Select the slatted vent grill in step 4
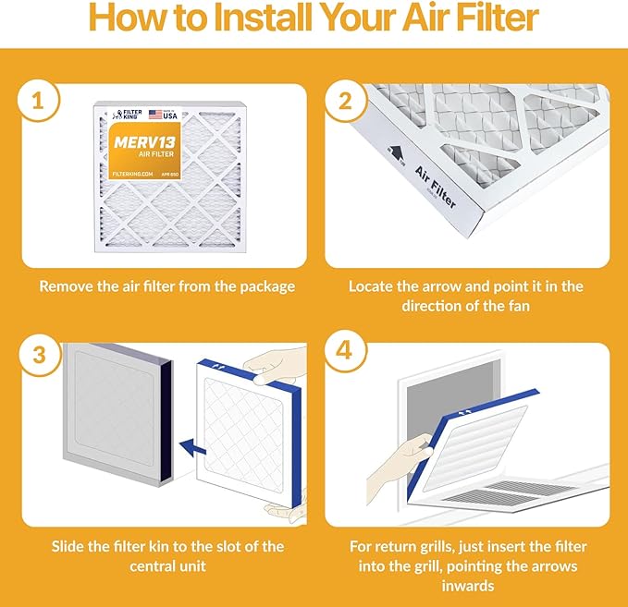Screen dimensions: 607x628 click(518, 492)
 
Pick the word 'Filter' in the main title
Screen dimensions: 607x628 click(497, 20)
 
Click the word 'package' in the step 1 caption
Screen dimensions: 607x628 click(262, 286)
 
